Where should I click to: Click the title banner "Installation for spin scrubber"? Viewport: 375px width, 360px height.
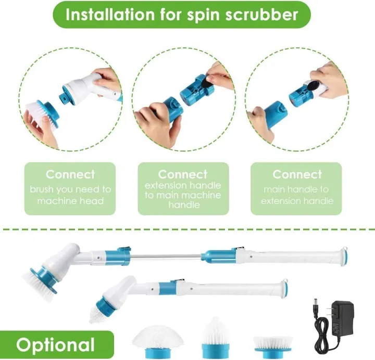click(182, 15)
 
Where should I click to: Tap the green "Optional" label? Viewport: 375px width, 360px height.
click(55, 345)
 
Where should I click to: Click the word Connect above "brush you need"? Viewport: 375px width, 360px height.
click(70, 174)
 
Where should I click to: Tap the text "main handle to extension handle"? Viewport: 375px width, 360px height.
click(297, 195)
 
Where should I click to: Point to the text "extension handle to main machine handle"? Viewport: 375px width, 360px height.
click(183, 195)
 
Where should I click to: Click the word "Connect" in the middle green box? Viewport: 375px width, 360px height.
click(183, 174)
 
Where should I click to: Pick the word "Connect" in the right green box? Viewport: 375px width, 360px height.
click(297, 174)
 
